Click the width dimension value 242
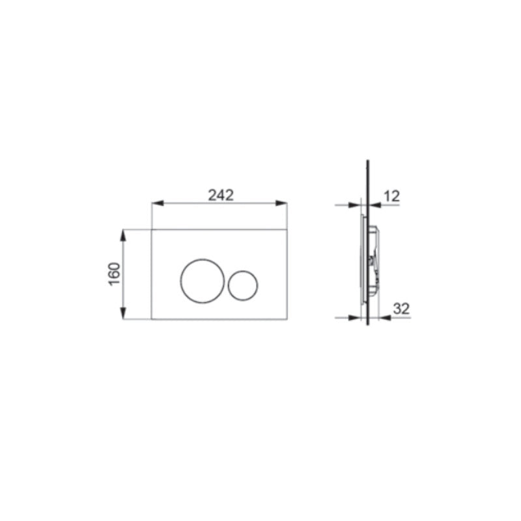(x=220, y=194)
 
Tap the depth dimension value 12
(x=392, y=195)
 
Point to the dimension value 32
(x=402, y=309)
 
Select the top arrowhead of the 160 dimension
(x=124, y=233)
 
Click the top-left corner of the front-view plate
(x=151, y=229)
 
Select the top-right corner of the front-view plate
(x=287, y=229)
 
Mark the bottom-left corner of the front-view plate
(x=151, y=320)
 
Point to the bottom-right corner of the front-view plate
(x=287, y=320)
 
